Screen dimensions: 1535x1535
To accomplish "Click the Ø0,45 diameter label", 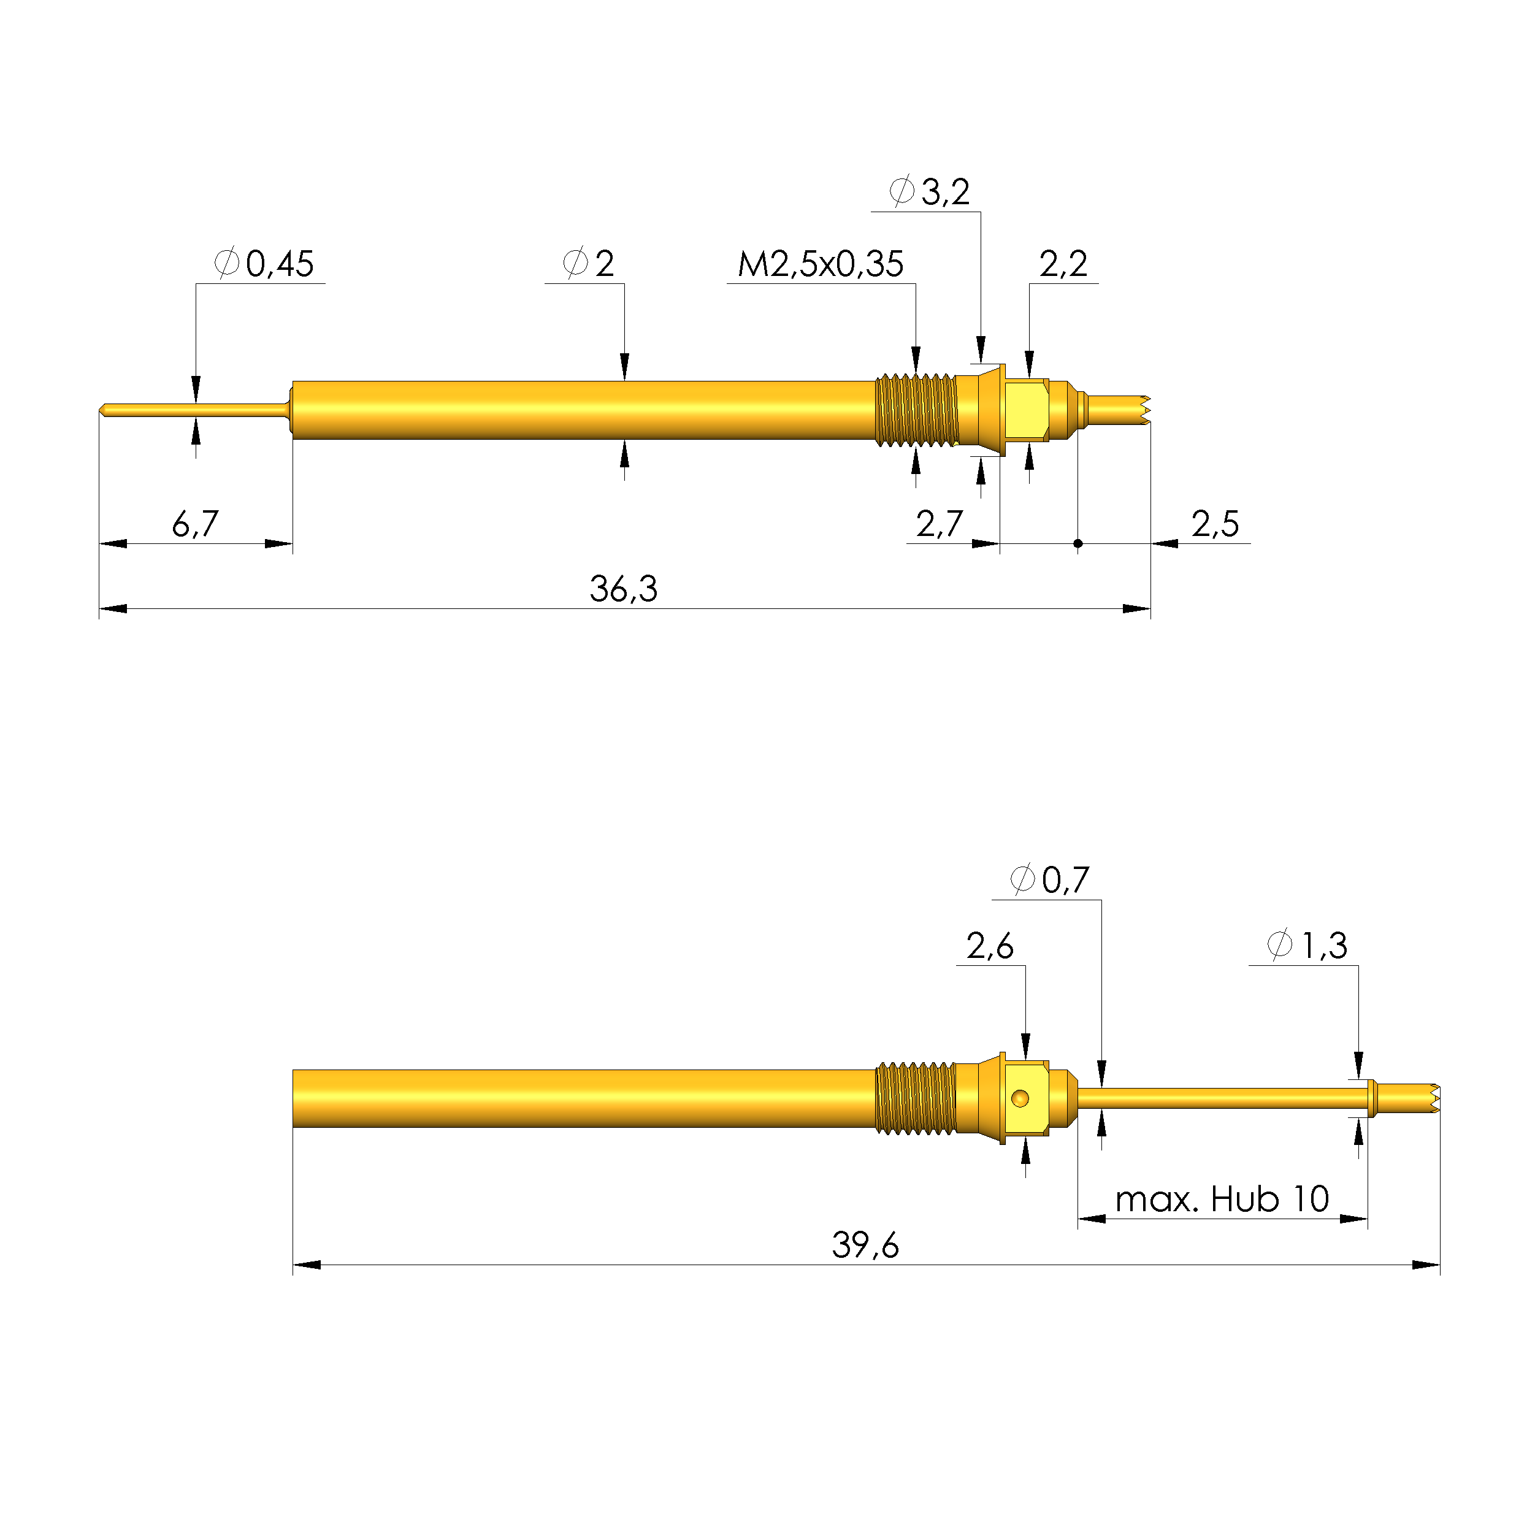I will [264, 264].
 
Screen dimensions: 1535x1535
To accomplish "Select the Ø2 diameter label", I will [588, 264].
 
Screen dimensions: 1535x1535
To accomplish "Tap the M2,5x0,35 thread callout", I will [820, 264].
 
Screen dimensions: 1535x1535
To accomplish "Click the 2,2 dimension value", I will [1062, 264].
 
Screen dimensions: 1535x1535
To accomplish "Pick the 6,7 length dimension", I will [194, 524].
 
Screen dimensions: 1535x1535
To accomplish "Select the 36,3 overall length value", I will [623, 589].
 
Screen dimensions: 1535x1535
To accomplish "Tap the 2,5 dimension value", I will [1214, 524].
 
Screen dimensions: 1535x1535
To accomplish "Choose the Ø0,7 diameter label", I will [1049, 879].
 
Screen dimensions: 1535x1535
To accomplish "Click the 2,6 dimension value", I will [989, 946].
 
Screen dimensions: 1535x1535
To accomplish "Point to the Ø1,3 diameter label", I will [1306, 946].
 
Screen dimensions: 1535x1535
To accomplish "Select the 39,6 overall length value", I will [865, 1245].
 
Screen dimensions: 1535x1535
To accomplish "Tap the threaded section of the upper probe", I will [916, 410].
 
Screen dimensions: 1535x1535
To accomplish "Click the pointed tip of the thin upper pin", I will [102, 410].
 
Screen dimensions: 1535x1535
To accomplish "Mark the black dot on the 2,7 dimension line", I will [1078, 543].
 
